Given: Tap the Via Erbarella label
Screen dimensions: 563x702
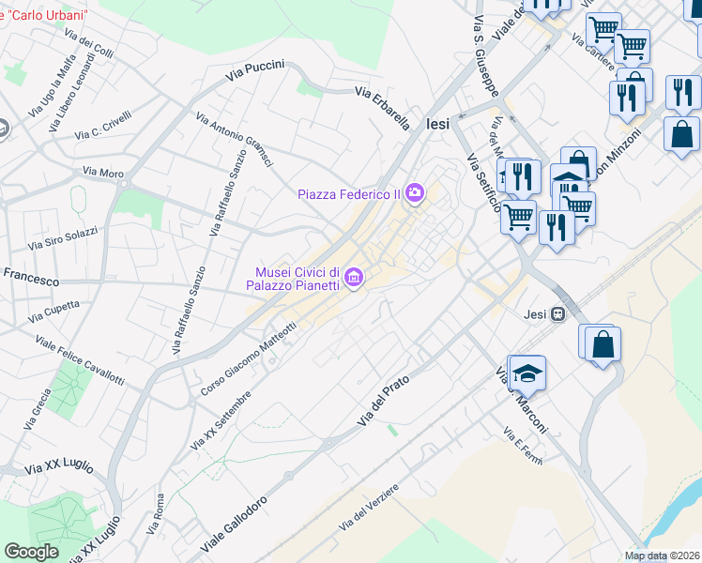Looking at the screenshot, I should pyautogui.click(x=382, y=107).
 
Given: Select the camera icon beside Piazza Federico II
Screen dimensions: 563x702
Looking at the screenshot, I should pyautogui.click(x=414, y=194).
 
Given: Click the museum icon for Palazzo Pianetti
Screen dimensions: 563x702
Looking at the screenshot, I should pyautogui.click(x=354, y=277).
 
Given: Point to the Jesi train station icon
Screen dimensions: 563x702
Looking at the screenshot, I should pyautogui.click(x=558, y=313).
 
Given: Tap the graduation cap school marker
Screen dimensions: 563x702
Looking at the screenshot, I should pyautogui.click(x=528, y=373).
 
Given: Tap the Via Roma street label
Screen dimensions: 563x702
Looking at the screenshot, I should pyautogui.click(x=157, y=514).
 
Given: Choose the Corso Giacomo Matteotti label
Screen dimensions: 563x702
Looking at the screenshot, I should pyautogui.click(x=249, y=358).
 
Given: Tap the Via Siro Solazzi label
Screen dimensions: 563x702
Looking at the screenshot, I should pyautogui.click(x=62, y=238).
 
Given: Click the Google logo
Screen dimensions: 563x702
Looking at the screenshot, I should pyautogui.click(x=31, y=552).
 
